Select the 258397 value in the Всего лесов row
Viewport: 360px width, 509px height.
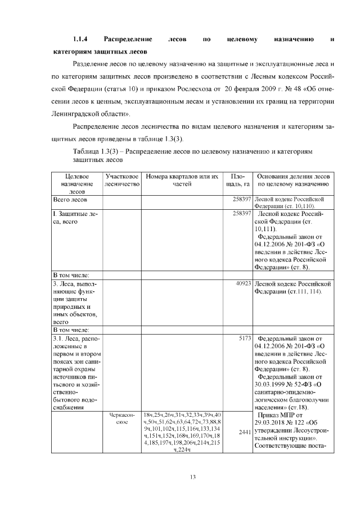tap(241, 200)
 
